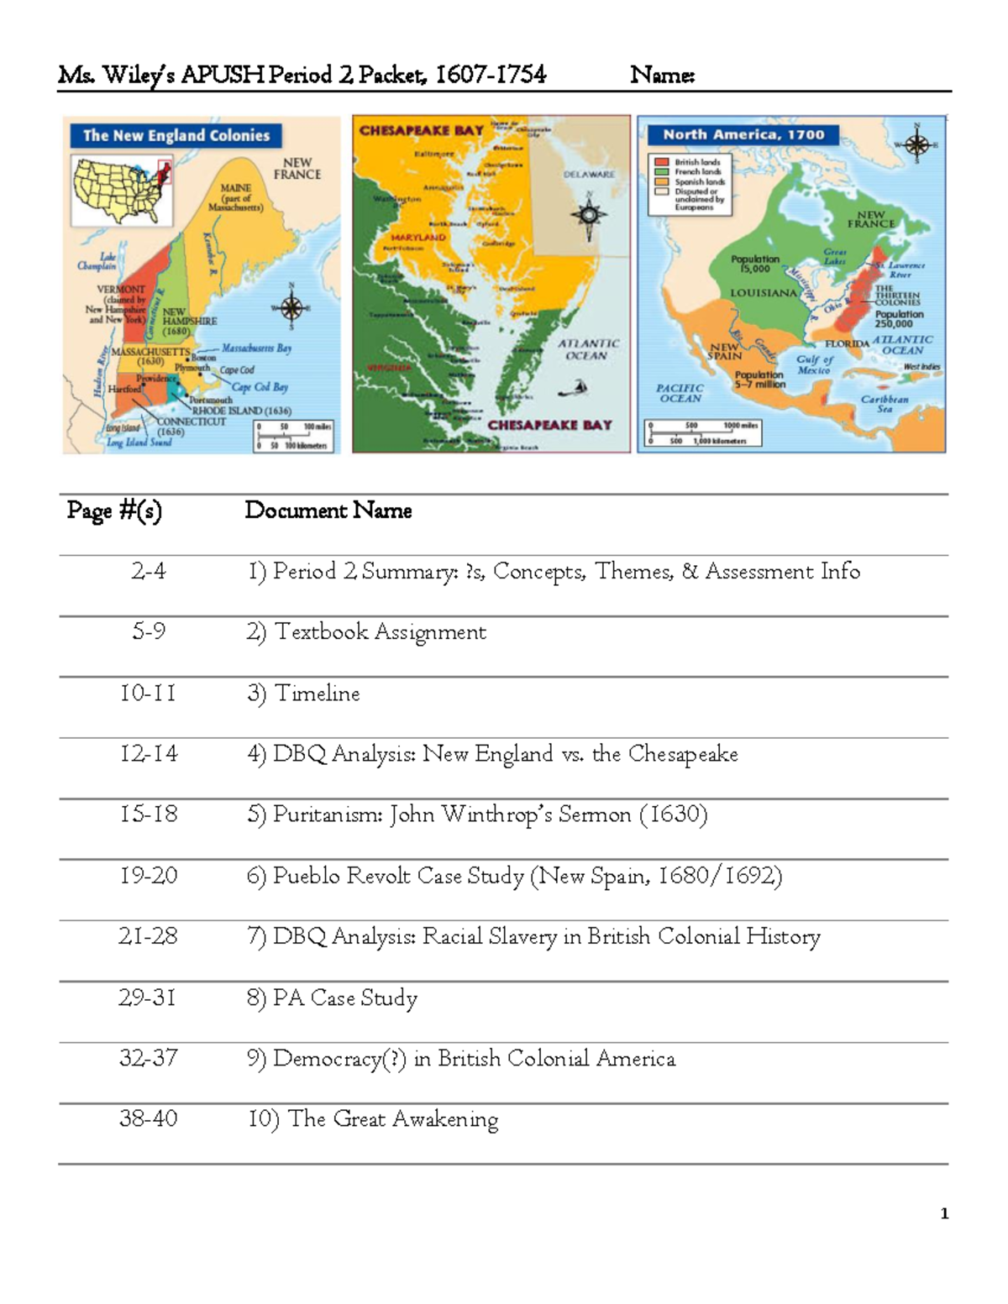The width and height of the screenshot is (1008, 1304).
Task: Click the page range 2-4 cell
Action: pos(148,571)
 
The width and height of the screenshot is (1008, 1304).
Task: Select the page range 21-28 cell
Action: pos(148,936)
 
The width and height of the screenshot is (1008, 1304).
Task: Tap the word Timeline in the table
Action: pos(318,694)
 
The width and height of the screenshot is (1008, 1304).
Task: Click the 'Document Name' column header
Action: pos(328,511)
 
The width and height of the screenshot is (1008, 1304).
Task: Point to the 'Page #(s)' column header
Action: pos(114,511)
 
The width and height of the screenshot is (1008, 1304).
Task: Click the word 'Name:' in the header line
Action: pos(662,76)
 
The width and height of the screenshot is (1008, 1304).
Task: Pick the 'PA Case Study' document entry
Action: pos(344,998)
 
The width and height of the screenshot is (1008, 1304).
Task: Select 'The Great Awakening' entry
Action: pos(392,1119)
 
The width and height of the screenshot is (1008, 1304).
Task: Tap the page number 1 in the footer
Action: pos(944,1213)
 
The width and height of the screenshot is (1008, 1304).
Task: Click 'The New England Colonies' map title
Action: pos(176,135)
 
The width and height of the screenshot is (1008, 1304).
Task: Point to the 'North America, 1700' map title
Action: pos(743,134)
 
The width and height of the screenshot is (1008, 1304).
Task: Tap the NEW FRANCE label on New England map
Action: pos(297,169)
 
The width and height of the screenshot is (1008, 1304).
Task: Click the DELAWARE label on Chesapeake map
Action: pos(589,175)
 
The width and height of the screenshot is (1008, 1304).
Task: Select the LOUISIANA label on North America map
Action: pos(763,293)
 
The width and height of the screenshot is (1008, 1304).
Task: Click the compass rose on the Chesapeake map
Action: pos(589,214)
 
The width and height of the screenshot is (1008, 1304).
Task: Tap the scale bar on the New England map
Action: pos(294,436)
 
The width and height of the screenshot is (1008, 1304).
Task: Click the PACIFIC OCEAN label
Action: pos(680,393)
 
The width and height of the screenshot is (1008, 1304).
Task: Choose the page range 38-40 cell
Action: pos(148,1119)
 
